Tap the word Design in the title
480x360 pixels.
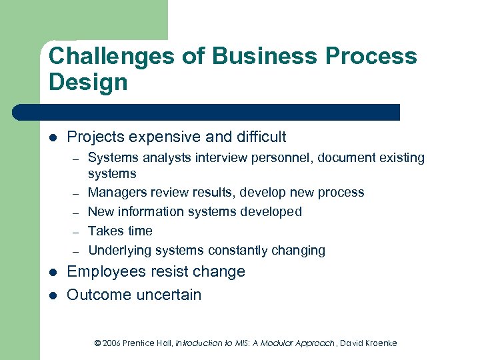coord(87,83)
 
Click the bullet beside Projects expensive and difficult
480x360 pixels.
coord(53,137)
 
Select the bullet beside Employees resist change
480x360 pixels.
coord(53,272)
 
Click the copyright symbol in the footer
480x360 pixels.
coord(97,343)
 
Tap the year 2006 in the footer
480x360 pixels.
coord(113,343)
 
